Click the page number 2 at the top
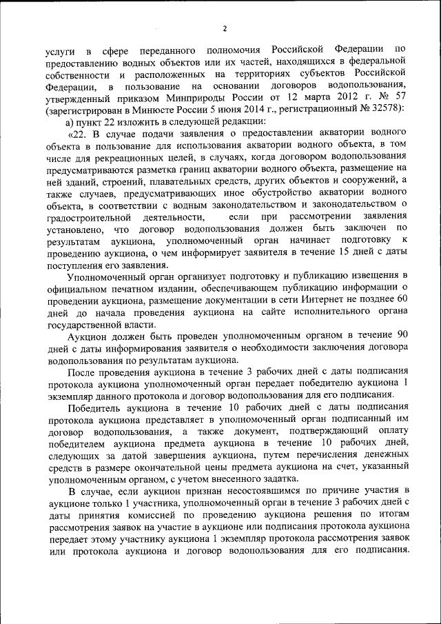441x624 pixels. click(225, 28)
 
